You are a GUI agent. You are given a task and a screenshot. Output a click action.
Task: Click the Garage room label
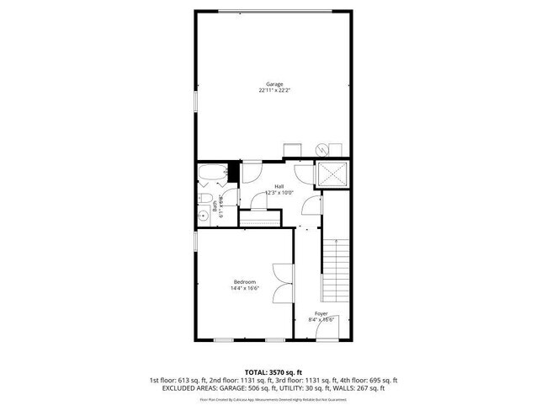tap(274, 84)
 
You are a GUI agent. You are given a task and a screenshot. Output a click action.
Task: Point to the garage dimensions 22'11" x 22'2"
tap(274, 91)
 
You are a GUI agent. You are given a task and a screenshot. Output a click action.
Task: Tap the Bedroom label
tap(244, 281)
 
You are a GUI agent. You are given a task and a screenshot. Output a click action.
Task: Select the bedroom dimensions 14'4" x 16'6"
tap(244, 288)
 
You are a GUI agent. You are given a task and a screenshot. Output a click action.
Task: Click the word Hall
tap(278, 187)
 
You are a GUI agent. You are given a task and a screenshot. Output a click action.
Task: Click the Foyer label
tap(321, 313)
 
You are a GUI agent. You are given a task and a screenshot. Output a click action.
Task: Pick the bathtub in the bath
tap(213, 175)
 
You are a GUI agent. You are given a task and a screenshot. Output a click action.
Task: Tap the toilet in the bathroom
tap(204, 198)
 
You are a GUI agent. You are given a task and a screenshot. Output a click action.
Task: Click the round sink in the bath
tap(203, 216)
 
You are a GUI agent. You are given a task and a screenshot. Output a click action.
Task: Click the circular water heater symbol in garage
tap(321, 148)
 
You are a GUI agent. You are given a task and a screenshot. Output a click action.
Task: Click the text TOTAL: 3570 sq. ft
tap(273, 371)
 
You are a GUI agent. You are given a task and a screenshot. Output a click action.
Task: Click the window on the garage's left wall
tap(195, 99)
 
